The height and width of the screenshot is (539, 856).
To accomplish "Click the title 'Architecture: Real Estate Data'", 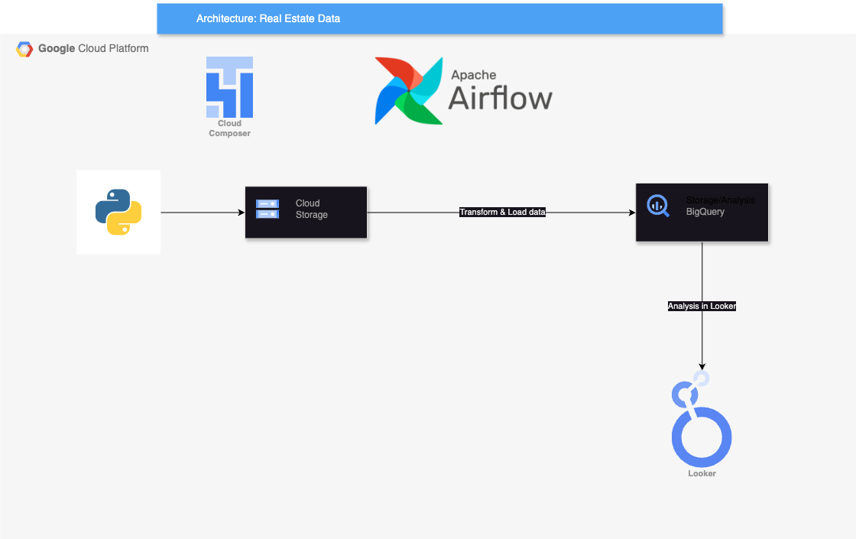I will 268,18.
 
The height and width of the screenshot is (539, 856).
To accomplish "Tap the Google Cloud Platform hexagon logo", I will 24,49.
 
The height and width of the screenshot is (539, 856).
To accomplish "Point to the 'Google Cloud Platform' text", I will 93,48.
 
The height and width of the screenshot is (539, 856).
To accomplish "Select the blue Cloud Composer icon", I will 229,86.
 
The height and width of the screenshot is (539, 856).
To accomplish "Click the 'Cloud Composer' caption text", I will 229,128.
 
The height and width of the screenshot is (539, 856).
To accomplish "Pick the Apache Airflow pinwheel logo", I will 408,90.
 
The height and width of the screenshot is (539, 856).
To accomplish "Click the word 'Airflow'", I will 500,98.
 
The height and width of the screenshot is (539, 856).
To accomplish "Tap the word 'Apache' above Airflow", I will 473,75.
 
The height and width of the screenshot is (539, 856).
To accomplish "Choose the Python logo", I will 118,212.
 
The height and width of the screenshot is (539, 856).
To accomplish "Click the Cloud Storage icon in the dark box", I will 267,209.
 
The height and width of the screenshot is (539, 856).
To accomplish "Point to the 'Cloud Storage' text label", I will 311,209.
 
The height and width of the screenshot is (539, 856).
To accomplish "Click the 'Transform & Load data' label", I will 502,212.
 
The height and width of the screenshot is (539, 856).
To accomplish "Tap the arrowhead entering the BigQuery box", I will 631,213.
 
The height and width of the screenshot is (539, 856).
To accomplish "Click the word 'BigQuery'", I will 705,211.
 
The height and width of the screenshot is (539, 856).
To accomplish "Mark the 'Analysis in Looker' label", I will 702,306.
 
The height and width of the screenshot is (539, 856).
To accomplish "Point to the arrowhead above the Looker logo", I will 702,366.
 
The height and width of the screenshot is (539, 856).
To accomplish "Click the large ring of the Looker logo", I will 702,437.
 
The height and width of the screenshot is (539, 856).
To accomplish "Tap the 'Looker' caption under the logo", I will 702,474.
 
